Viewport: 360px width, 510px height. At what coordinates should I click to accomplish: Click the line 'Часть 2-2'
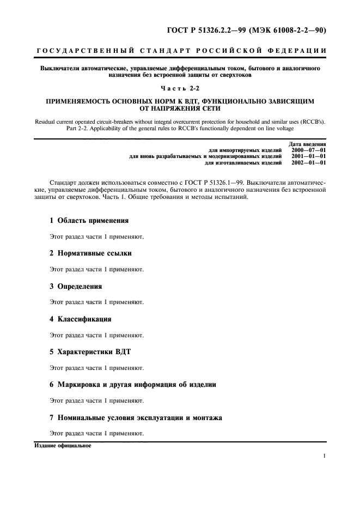tap(180, 88)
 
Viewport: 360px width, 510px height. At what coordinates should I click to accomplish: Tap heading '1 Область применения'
tap(89, 221)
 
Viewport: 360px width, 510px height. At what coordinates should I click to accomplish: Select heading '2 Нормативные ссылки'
tap(90, 253)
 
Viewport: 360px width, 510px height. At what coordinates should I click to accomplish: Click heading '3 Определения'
tap(76, 286)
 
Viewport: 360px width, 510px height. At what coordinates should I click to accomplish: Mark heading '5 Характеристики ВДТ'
tap(90, 351)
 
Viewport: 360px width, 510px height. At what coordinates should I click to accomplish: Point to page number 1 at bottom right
tap(324, 457)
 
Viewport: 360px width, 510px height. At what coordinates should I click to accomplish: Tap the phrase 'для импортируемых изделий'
tap(245, 149)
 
